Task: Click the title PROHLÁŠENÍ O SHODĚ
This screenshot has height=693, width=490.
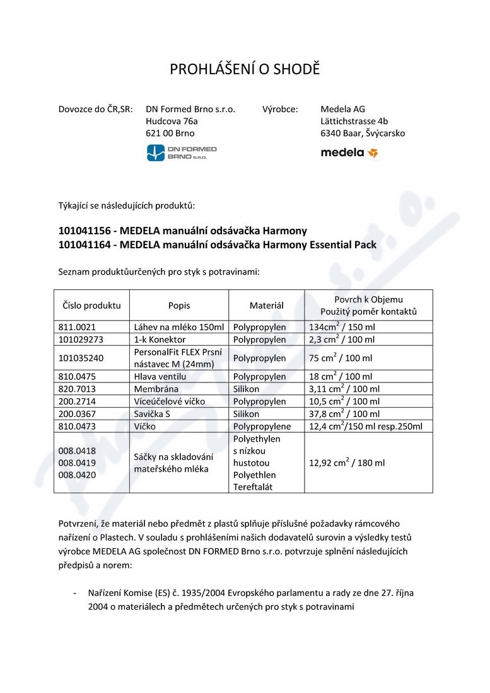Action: tap(245, 69)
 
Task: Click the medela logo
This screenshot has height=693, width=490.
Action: tap(349, 152)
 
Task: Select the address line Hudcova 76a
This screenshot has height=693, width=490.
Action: tap(172, 121)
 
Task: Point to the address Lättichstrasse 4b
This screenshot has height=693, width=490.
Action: tap(354, 121)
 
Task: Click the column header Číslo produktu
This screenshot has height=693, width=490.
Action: tap(91, 306)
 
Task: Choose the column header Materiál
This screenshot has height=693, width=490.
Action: tap(266, 306)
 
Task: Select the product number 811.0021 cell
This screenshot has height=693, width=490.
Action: tap(78, 328)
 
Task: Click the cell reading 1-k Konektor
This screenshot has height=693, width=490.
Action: tap(160, 340)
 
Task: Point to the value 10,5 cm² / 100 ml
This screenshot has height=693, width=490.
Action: tap(344, 401)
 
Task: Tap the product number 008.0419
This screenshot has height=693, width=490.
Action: tap(77, 463)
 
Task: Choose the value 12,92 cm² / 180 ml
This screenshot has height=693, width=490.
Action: tap(346, 463)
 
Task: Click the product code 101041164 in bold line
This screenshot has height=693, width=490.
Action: tap(83, 245)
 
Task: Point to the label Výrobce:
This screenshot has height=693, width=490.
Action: tap(280, 109)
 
